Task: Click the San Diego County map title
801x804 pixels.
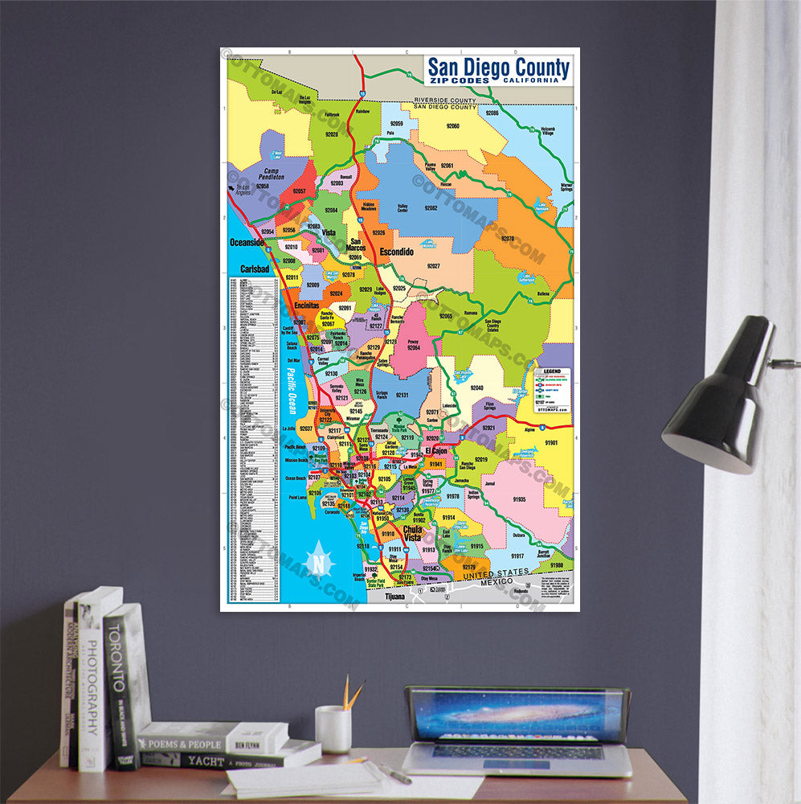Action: coord(498,70)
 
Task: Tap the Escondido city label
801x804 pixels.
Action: coord(396,252)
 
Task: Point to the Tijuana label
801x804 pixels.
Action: coord(395,597)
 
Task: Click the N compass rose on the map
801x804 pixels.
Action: coord(321,561)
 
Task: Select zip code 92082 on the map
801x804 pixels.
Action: coord(431,208)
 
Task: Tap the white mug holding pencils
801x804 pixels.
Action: coord(333,728)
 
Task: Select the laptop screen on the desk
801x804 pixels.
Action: coord(517,715)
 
